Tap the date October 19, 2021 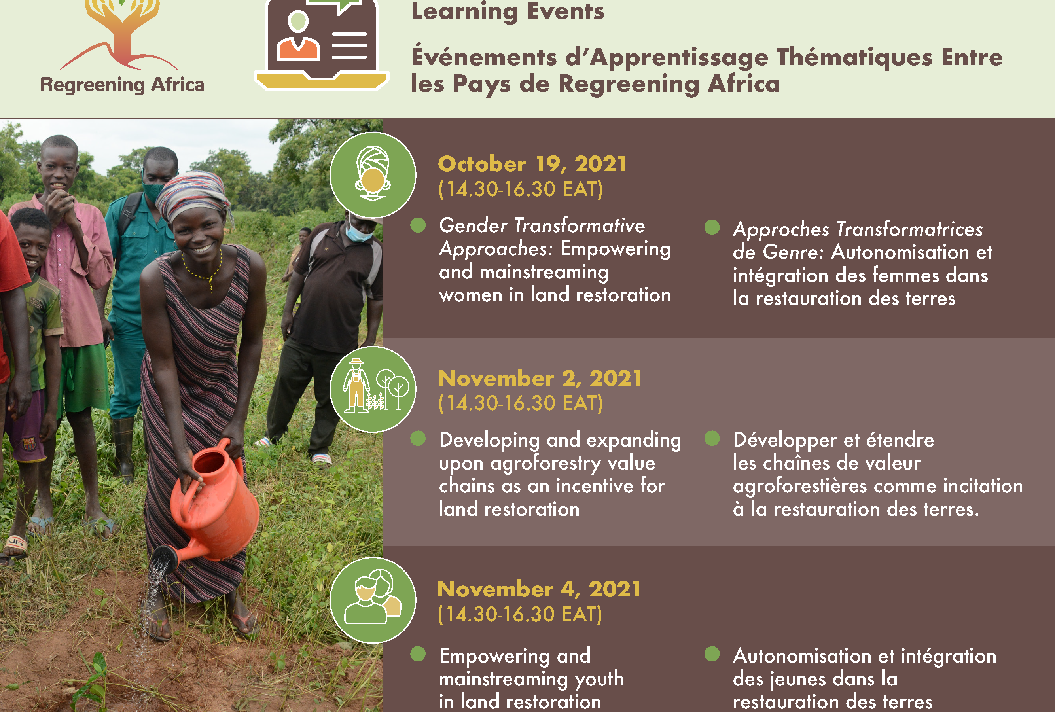point(532,164)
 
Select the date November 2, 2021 point(540,379)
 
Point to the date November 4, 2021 point(539,589)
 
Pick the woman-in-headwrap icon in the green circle point(373,174)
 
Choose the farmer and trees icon point(373,389)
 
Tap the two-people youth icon point(373,600)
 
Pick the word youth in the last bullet point(599,679)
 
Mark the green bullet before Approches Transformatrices point(712,227)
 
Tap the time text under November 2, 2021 point(520,403)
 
